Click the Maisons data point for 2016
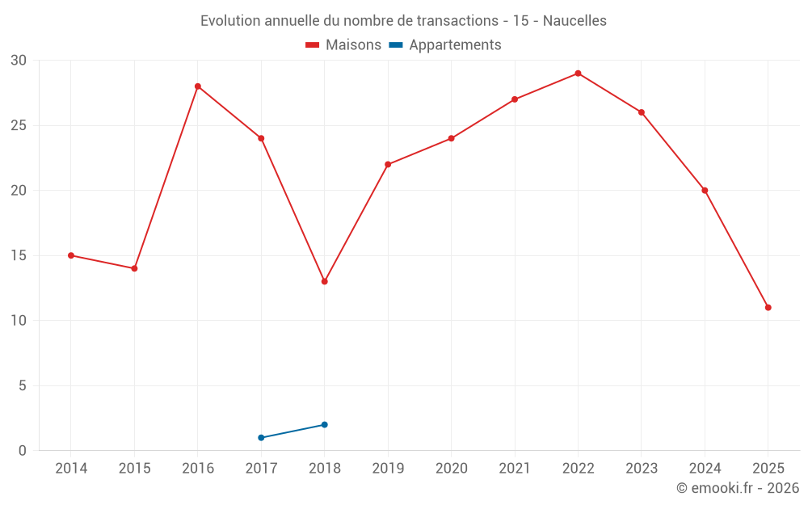tap(198, 86)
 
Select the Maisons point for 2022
tap(578, 74)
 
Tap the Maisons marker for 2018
tap(324, 281)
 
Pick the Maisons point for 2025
tap(768, 308)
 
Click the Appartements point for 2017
tap(261, 437)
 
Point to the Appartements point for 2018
tap(324, 424)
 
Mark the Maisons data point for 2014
tap(71, 255)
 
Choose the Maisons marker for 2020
tap(451, 138)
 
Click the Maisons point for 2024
tap(705, 191)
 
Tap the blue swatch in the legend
tap(396, 45)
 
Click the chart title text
tap(403, 20)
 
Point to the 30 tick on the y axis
tap(19, 61)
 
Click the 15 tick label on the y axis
tap(19, 255)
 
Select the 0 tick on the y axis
tap(23, 451)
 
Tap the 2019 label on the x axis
tap(388, 469)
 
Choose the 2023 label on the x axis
tap(642, 469)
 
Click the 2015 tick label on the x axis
tap(134, 469)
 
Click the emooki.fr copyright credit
tap(737, 488)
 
